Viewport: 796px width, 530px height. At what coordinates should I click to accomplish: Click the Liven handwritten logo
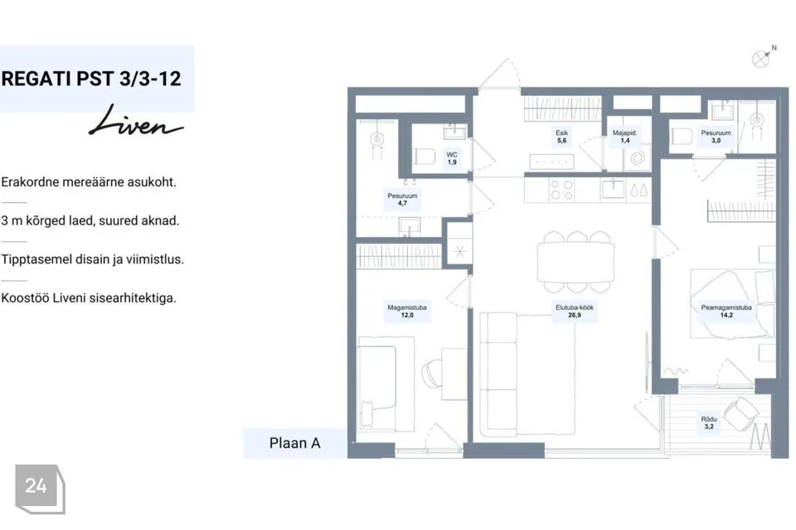(x=135, y=122)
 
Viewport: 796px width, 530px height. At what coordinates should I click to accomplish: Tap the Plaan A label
(x=295, y=443)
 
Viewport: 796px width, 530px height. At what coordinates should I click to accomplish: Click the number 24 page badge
(x=40, y=489)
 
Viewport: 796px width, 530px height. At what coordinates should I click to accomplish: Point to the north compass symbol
(x=764, y=57)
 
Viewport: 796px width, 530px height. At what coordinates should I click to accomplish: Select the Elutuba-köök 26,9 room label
(x=574, y=311)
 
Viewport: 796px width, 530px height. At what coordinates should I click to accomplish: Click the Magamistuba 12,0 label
(x=407, y=311)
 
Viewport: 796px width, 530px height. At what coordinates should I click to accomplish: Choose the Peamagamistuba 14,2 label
(x=726, y=311)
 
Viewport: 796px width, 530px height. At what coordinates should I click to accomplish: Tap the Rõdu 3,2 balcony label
(x=709, y=422)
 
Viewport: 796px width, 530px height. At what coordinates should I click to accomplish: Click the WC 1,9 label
(x=452, y=158)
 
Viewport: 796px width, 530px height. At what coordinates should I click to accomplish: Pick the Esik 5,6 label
(x=561, y=137)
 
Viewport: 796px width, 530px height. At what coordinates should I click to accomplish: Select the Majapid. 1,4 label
(x=624, y=137)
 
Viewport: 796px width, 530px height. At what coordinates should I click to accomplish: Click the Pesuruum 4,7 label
(x=403, y=199)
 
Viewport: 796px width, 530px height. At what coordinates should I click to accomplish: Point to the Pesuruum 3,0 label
(x=716, y=137)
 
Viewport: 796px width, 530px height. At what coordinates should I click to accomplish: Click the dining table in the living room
(x=575, y=262)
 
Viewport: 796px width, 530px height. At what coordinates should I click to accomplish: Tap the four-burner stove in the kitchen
(x=561, y=190)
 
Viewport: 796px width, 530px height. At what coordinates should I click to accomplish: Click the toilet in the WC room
(x=424, y=157)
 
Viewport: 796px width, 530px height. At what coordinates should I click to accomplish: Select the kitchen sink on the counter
(x=614, y=189)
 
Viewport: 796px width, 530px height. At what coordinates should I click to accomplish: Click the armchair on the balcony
(x=741, y=413)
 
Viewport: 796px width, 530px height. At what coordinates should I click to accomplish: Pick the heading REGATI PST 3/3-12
(x=91, y=79)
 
